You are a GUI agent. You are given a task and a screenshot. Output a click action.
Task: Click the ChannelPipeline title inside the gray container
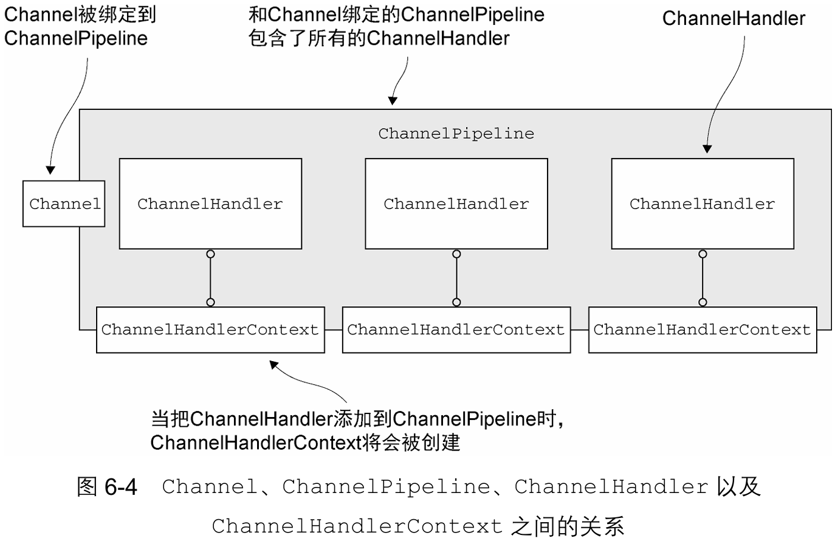[456, 134]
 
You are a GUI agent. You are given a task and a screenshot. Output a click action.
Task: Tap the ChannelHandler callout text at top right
[734, 18]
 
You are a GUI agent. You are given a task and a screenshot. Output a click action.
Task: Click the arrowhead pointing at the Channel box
[50, 170]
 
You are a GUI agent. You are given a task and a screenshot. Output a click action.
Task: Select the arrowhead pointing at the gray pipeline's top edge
[393, 101]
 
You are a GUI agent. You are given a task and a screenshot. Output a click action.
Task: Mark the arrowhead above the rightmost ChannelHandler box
[707, 149]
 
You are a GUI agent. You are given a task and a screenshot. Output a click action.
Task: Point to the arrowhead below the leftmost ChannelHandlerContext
[274, 365]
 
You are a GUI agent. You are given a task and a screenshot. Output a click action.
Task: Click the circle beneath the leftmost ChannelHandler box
[211, 254]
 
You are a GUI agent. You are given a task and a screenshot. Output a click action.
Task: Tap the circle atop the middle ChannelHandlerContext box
[456, 302]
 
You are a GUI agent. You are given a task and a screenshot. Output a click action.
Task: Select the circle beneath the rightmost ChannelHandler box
[703, 254]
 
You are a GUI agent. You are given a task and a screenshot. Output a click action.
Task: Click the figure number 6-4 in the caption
[121, 487]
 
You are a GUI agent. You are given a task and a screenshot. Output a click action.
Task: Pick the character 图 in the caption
[87, 486]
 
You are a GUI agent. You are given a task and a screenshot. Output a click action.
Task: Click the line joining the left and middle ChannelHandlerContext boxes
[334, 330]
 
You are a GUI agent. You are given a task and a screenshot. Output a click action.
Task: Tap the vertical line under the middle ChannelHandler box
[456, 278]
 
